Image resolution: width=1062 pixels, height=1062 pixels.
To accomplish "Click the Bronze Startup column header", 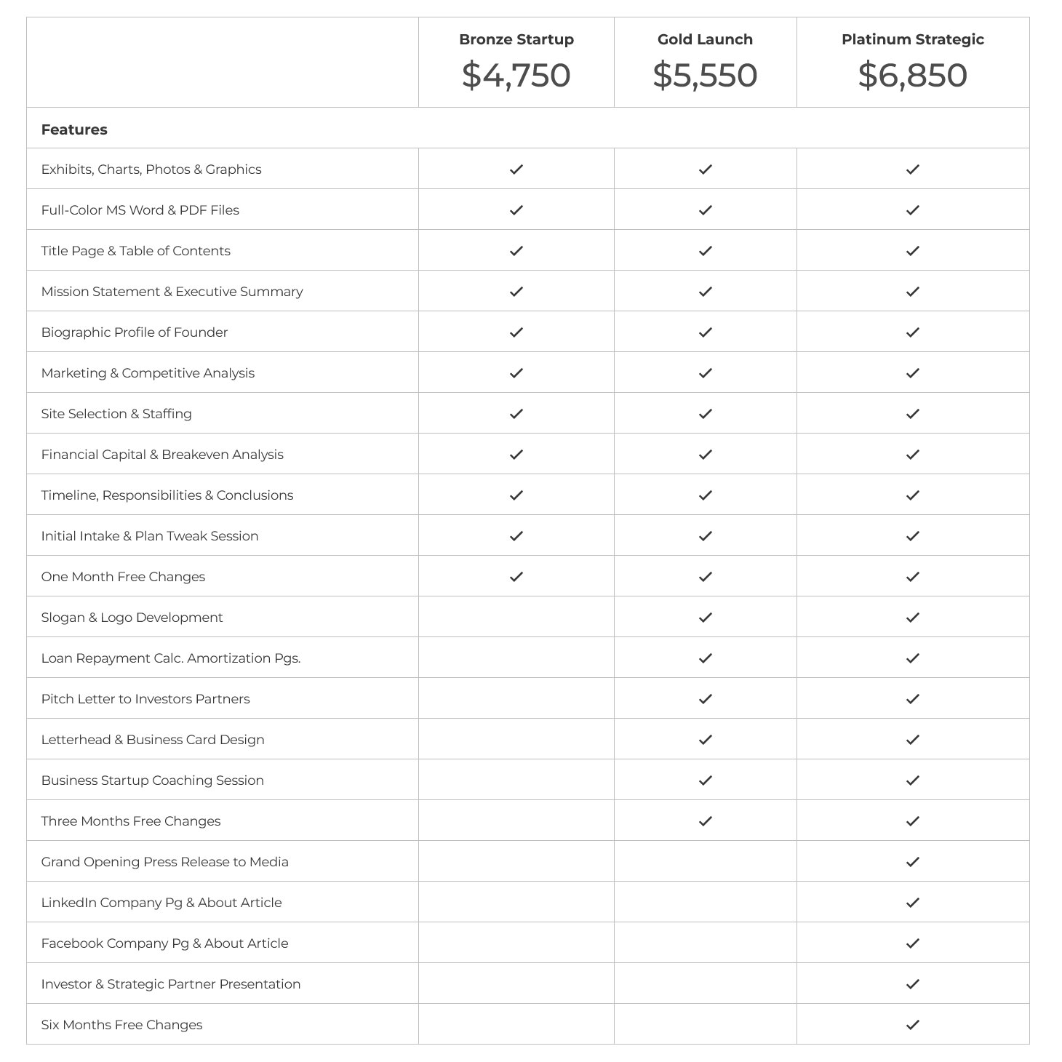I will (516, 40).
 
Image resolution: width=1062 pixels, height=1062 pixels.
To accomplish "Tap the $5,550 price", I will (705, 76).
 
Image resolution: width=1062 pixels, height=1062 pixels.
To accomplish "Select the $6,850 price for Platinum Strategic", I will (912, 76).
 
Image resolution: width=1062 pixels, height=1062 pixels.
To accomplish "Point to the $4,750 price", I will (516, 76).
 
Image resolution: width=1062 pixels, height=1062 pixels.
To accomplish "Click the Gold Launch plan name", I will (705, 40).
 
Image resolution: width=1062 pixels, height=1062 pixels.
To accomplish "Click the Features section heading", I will (74, 129).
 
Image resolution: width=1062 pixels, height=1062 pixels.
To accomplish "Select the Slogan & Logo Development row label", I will (132, 618).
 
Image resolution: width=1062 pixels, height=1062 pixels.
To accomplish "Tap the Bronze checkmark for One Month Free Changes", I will (516, 577).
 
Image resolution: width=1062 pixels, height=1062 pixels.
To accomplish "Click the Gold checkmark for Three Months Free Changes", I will (705, 821).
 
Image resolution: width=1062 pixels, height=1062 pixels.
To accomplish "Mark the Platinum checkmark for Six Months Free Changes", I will (913, 1025).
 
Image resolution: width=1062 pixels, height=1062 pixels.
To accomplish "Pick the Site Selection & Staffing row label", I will (116, 414).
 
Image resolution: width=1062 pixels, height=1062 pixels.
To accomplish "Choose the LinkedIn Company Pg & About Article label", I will (161, 903).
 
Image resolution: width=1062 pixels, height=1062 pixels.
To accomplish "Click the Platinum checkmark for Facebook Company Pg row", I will (913, 943).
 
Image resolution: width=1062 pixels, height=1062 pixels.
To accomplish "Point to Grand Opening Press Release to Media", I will (165, 862).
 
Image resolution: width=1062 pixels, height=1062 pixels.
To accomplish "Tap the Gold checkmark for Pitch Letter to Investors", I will (705, 699).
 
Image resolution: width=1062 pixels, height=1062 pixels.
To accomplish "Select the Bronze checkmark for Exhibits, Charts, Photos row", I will (516, 169).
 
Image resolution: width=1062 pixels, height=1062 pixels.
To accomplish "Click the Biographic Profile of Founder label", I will (135, 332).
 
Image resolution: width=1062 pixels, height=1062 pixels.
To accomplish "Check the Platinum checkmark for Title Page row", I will (913, 251).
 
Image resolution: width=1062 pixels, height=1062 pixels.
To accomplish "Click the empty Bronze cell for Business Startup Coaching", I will (516, 780).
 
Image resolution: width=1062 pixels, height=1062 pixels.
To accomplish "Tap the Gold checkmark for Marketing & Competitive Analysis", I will (705, 373).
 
